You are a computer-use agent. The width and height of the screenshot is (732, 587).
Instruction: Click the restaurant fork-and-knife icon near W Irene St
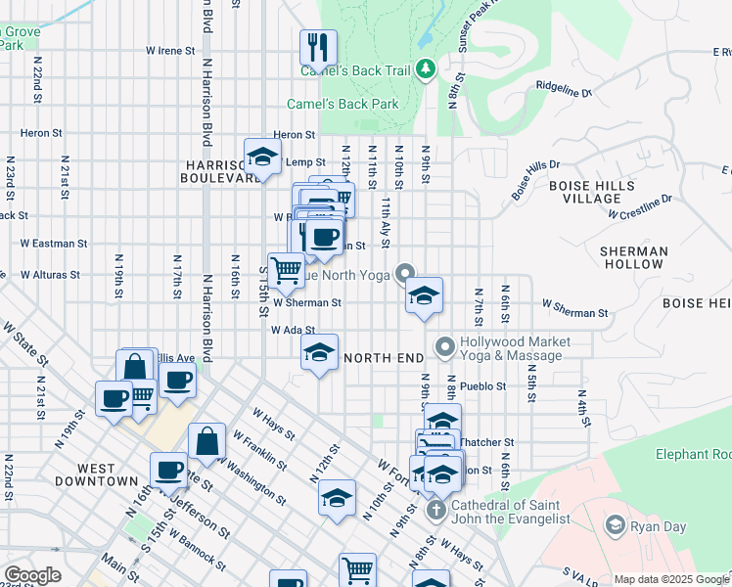tap(318, 46)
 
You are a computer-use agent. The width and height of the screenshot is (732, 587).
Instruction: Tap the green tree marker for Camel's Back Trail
tap(425, 68)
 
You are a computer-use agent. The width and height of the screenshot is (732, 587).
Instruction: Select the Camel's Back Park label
tap(343, 104)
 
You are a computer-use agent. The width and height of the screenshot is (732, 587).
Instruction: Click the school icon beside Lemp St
tap(262, 157)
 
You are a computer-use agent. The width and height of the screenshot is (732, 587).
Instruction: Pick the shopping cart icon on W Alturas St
tap(286, 268)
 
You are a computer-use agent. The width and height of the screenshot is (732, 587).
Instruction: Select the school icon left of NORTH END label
tap(318, 353)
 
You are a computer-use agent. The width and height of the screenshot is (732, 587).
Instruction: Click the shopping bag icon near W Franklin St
tap(206, 441)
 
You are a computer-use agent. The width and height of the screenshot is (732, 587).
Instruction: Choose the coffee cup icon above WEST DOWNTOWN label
tap(169, 470)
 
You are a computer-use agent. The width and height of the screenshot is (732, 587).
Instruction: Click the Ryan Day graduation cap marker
tap(615, 526)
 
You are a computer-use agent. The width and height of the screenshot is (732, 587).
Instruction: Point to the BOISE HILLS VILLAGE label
tap(592, 192)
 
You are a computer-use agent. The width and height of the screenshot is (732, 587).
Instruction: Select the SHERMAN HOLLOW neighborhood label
tap(634, 258)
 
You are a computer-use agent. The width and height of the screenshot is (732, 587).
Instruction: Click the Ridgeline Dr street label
tap(564, 90)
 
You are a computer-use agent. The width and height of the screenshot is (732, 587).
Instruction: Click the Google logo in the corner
tap(32, 575)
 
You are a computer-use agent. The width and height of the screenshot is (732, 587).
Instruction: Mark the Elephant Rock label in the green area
tap(693, 454)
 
